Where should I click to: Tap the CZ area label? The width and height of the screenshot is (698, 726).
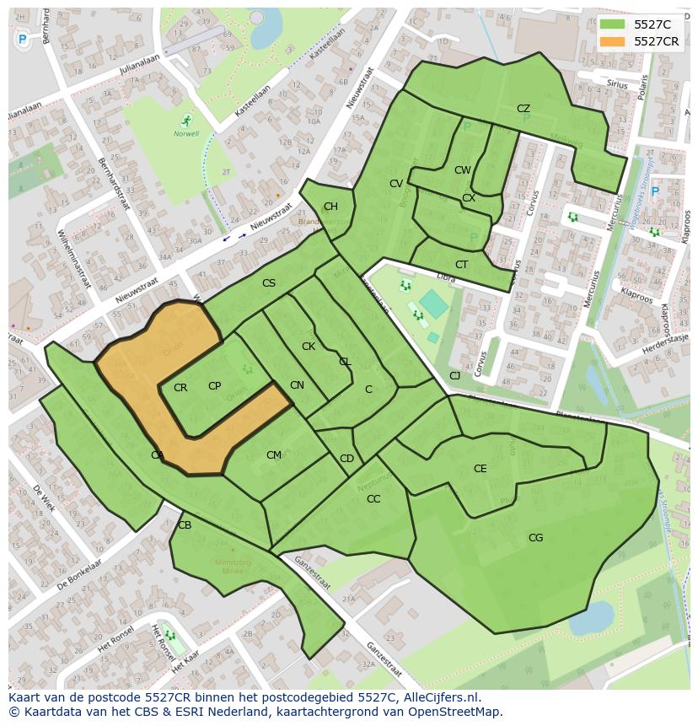pyautogui.click(x=523, y=109)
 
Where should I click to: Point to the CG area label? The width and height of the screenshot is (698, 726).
pyautogui.click(x=535, y=538)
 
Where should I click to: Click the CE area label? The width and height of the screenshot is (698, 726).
pyautogui.click(x=480, y=469)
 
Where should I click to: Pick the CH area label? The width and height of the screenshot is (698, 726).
pyautogui.click(x=330, y=207)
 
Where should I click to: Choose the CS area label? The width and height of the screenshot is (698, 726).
pyautogui.click(x=268, y=283)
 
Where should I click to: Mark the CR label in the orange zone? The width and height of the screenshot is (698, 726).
pyautogui.click(x=180, y=388)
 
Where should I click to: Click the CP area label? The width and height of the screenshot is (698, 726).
pyautogui.click(x=214, y=386)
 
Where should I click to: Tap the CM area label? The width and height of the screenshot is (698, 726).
pyautogui.click(x=273, y=455)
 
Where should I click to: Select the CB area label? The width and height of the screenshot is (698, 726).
pyautogui.click(x=185, y=525)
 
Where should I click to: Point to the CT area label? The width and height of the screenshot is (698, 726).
pyautogui.click(x=461, y=265)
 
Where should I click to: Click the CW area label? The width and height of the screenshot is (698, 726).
pyautogui.click(x=462, y=170)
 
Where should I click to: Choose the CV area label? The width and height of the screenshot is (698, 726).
pyautogui.click(x=395, y=184)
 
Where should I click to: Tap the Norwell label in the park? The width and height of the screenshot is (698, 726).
pyautogui.click(x=186, y=133)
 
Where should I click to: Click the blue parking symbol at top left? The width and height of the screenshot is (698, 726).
pyautogui.click(x=22, y=39)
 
